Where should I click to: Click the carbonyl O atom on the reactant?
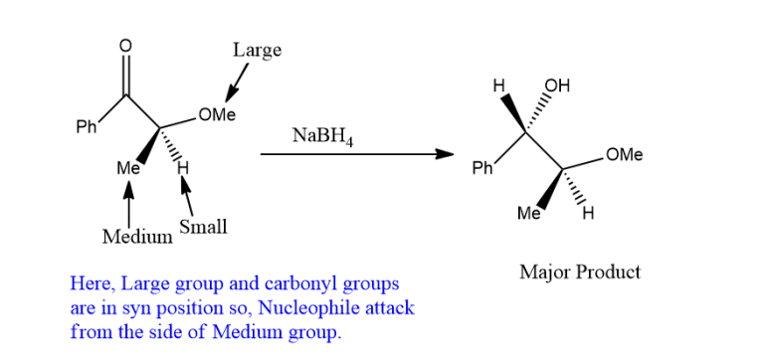pos(125,46)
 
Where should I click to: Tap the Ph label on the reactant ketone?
pos(88,128)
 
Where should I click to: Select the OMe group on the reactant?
pos(216,114)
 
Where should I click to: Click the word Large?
pos(257,50)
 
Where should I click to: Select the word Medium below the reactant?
pos(136,238)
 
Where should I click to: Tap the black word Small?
pos(203,228)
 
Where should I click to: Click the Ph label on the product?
pos(482,169)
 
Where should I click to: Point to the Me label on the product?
pos(529,214)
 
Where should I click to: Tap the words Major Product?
pos(580,271)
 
